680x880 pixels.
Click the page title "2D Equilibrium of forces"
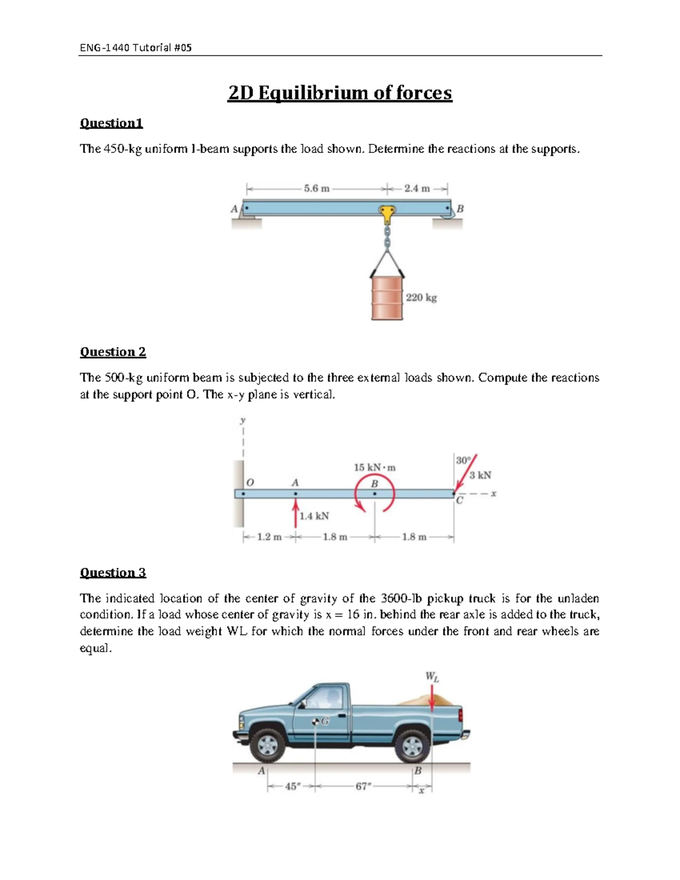pyautogui.click(x=339, y=93)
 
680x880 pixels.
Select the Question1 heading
pyautogui.click(x=111, y=123)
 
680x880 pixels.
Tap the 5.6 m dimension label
pyautogui.click(x=316, y=189)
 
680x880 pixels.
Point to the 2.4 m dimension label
pyautogui.click(x=416, y=189)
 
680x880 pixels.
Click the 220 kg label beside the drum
pyautogui.click(x=421, y=297)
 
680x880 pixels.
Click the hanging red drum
pyautogui.click(x=387, y=297)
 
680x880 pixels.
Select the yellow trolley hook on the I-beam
pyautogui.click(x=387, y=214)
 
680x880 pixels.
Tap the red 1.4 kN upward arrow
pyautogui.click(x=295, y=514)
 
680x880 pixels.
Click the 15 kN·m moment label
pyautogui.click(x=375, y=467)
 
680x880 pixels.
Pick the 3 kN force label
pyautogui.click(x=480, y=475)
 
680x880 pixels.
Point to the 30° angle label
pyautogui.click(x=463, y=460)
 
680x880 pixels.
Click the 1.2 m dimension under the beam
pyautogui.click(x=269, y=537)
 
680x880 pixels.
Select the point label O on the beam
pyautogui.click(x=250, y=482)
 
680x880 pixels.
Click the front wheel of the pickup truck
pyautogui.click(x=267, y=745)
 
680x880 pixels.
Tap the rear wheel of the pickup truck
pyautogui.click(x=413, y=745)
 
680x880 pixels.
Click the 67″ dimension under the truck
pyautogui.click(x=363, y=787)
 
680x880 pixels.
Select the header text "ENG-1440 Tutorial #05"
pyautogui.click(x=135, y=48)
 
